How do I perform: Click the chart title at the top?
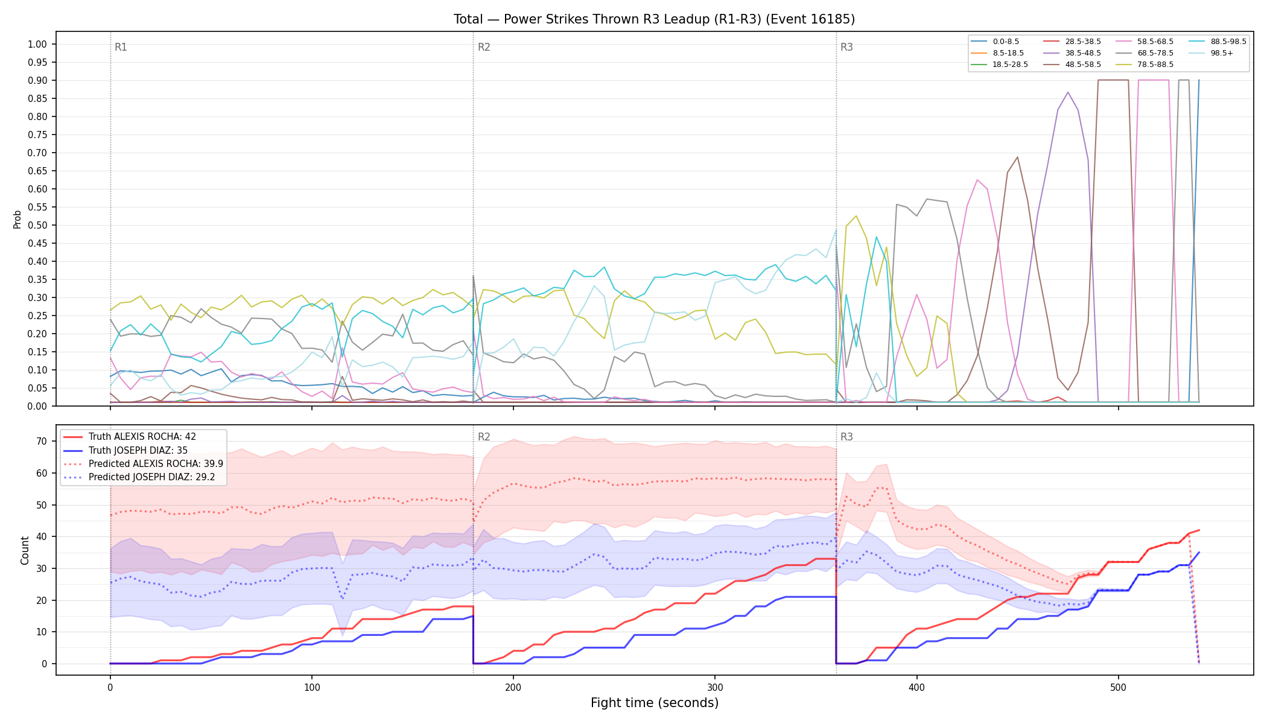click(x=654, y=19)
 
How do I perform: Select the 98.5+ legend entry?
click(x=1212, y=53)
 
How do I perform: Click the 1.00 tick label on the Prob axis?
click(x=37, y=44)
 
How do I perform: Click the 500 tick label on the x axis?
click(x=1118, y=687)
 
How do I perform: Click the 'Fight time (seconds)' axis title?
click(x=655, y=703)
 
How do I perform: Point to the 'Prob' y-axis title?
click(x=17, y=219)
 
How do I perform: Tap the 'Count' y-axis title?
click(x=25, y=550)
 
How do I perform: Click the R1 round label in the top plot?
click(x=121, y=47)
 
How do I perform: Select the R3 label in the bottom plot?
click(x=846, y=437)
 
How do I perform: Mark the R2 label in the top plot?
click(x=484, y=47)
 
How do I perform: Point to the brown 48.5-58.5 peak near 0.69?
click(x=1017, y=157)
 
